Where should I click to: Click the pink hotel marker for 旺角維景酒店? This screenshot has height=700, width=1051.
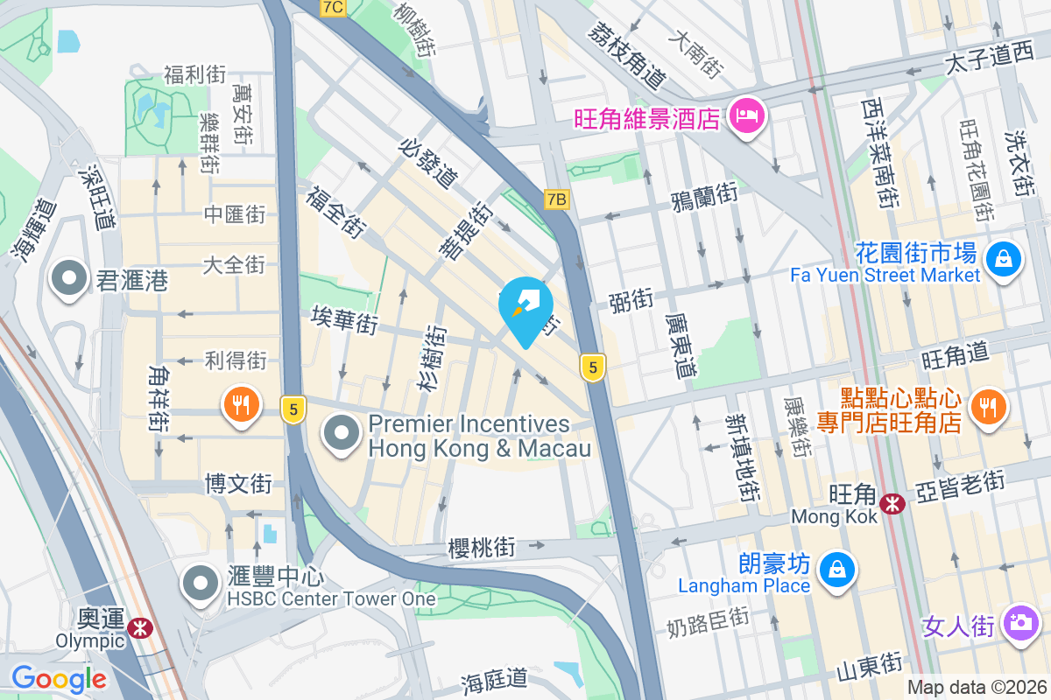pyautogui.click(x=748, y=115)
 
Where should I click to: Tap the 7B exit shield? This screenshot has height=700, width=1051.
pyautogui.click(x=556, y=199)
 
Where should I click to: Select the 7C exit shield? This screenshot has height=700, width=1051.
pyautogui.click(x=333, y=8)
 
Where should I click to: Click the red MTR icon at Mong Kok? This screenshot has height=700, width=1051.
pyautogui.click(x=892, y=504)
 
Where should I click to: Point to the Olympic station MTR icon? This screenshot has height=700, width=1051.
pyautogui.click(x=138, y=627)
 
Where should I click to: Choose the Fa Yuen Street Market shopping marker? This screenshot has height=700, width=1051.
pyautogui.click(x=1003, y=259)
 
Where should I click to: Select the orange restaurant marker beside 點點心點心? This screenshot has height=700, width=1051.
pyautogui.click(x=988, y=405)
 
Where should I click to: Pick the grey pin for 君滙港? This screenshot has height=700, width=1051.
pyautogui.click(x=67, y=280)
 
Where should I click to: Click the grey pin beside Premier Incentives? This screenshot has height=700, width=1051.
pyautogui.click(x=342, y=433)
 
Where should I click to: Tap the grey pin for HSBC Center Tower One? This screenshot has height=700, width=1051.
pyautogui.click(x=201, y=584)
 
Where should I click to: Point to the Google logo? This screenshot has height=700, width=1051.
pyautogui.click(x=59, y=679)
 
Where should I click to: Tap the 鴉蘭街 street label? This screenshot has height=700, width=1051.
pyautogui.click(x=703, y=196)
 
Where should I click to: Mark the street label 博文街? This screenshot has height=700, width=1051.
pyautogui.click(x=238, y=482)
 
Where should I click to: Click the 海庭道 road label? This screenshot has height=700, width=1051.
pyautogui.click(x=495, y=677)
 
